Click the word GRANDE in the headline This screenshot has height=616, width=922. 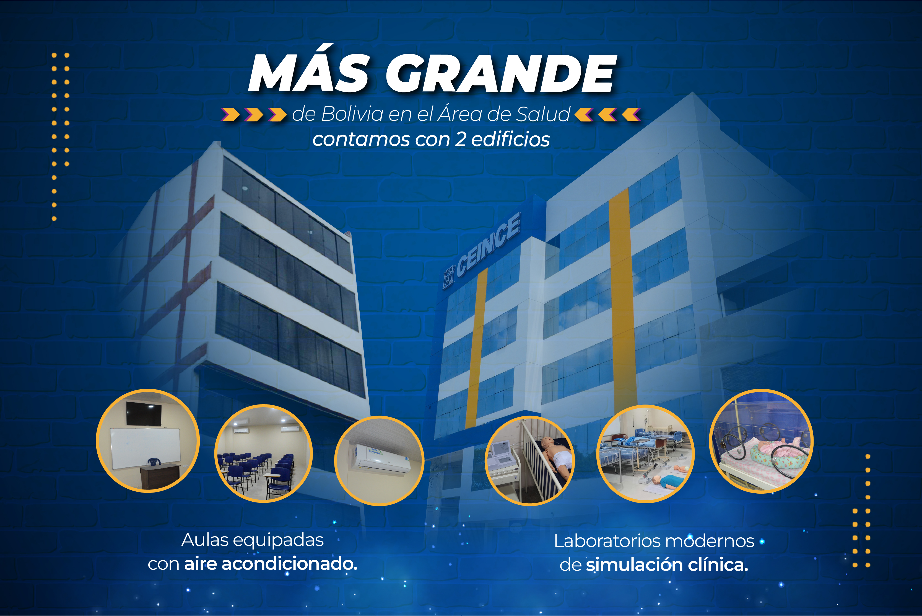501,73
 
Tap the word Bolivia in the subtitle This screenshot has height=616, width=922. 352,114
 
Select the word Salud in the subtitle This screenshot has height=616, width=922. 543,114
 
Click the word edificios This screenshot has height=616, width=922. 510,139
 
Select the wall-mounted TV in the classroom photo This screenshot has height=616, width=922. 144,414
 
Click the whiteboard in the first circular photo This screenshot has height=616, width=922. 145,448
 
